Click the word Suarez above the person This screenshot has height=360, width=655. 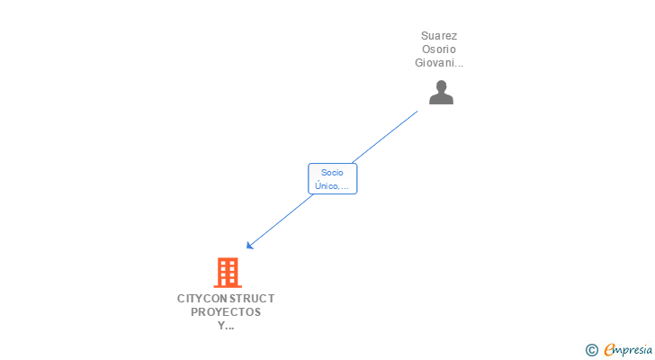439,36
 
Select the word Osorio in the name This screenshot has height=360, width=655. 439,49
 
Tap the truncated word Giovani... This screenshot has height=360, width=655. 439,63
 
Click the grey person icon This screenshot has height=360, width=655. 441,92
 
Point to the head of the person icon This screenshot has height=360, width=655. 441,86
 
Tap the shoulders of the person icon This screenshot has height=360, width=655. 441,99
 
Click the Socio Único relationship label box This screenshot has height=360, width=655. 333,178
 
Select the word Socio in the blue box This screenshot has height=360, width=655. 333,172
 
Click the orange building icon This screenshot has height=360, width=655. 228,272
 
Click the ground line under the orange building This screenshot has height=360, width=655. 228,286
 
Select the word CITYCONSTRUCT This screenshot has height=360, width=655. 226,298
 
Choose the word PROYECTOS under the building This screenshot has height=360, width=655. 226,311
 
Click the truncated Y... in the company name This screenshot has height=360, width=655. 226,326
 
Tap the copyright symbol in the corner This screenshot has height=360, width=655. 591,350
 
